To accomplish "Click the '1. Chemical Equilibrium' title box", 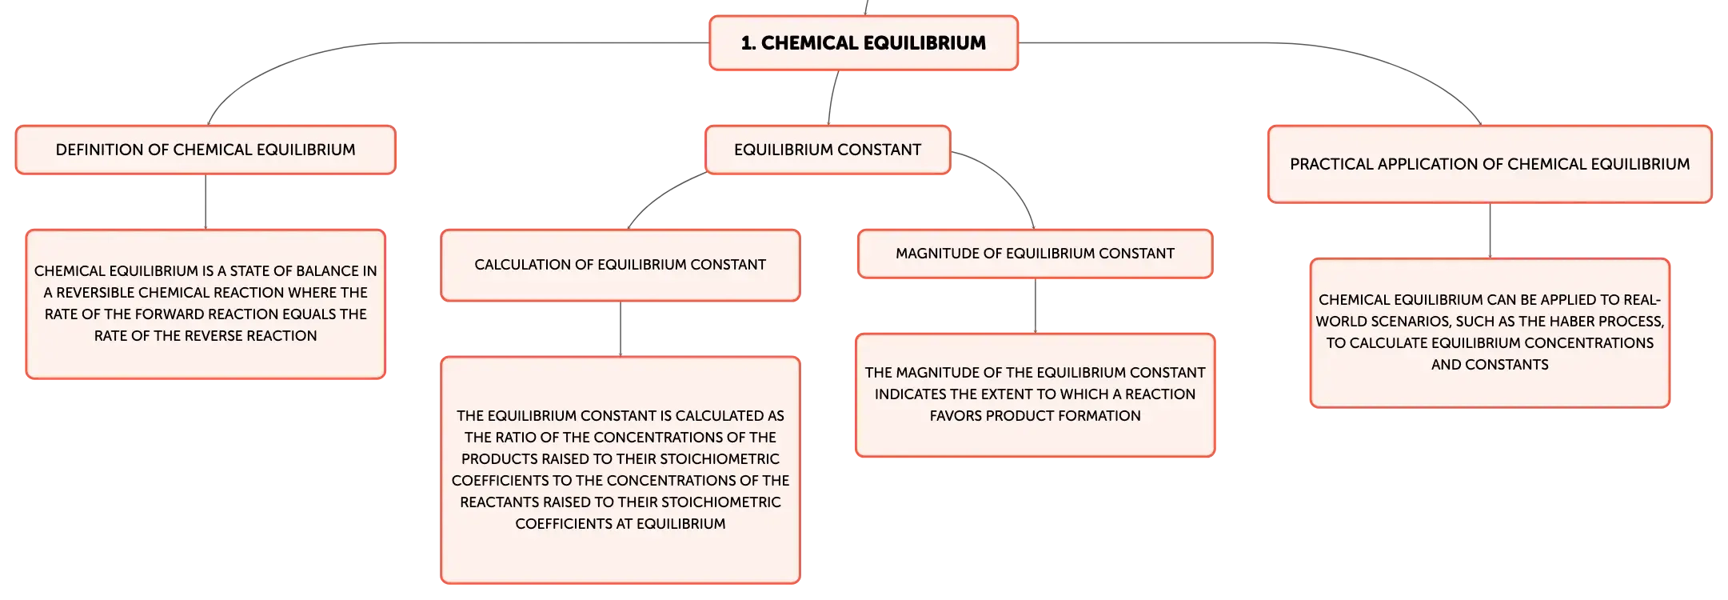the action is (864, 43).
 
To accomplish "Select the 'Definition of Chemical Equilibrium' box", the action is (206, 150).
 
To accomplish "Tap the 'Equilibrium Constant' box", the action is (828, 150).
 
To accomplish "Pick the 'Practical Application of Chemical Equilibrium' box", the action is (1490, 164).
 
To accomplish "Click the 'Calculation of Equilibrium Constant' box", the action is (621, 266).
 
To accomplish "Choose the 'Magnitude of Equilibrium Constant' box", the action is (1036, 254).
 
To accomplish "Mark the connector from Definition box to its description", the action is (206, 202).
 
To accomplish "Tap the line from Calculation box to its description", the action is (621, 329).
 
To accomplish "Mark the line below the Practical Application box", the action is (1490, 230).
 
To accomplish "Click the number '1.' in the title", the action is (748, 43).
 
